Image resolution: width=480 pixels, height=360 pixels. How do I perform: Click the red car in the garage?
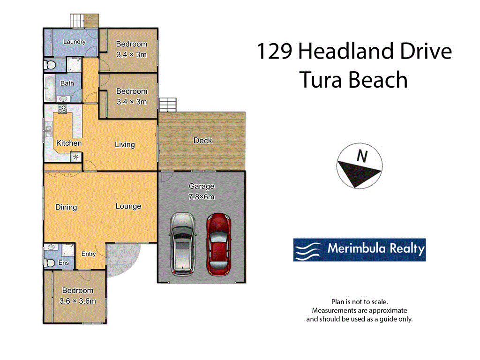pos(218,244)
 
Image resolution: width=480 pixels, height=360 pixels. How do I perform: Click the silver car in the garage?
pos(182,243)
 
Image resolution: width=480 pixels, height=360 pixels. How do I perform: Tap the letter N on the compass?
pos(361,156)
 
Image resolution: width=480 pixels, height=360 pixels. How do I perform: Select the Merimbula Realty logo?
pos(359,249)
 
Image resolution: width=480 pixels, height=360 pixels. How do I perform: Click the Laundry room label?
pos(75,42)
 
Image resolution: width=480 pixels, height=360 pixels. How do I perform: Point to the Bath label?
pos(67,83)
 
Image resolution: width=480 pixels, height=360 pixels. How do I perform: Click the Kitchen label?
pos(69,143)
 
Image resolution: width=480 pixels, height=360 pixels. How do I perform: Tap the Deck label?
pos(202,141)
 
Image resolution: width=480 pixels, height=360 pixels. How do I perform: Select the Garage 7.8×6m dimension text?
pos(202,197)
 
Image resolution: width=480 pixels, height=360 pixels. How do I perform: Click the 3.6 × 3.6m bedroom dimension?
pos(78,301)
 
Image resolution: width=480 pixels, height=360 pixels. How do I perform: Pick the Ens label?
pos(64,263)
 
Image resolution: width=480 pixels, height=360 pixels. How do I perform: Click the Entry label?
pos(88,254)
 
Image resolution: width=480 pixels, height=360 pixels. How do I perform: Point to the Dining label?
pos(66,207)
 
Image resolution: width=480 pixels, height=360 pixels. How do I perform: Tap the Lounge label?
pos(128,206)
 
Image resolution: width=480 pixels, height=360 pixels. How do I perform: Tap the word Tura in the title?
pos(322,80)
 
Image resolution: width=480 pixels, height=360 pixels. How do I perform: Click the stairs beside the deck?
pos(168,105)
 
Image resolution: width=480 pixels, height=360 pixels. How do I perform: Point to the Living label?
pos(125,144)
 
